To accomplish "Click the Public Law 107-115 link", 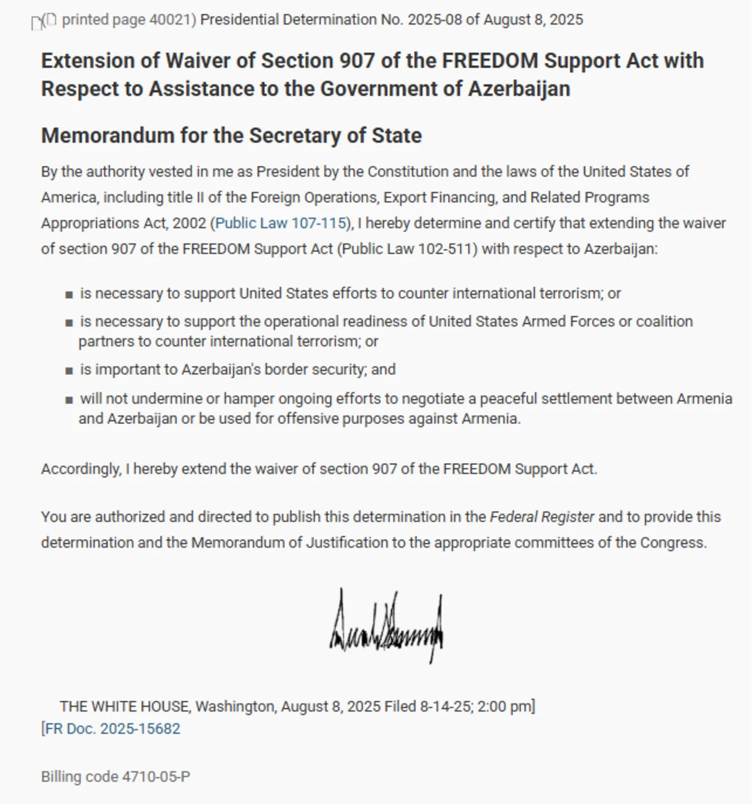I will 281,223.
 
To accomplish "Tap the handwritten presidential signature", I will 386,626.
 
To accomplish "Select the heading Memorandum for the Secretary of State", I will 231,135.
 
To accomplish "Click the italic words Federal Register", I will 542,517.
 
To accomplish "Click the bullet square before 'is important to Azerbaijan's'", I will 69,371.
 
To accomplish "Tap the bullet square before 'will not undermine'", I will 69,399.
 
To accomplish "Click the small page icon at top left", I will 37,23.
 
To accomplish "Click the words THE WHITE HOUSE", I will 125,706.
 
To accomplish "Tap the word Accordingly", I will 81,469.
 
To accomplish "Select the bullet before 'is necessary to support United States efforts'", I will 69,294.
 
